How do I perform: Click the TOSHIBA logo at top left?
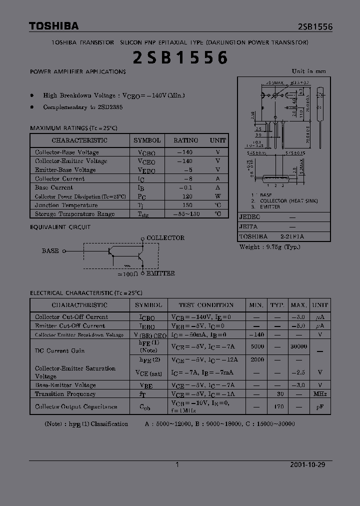pyautogui.click(x=53, y=26)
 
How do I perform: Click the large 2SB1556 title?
pyautogui.click(x=180, y=58)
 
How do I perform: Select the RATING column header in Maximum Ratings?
pyautogui.click(x=185, y=140)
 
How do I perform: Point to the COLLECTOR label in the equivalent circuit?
pyautogui.click(x=165, y=238)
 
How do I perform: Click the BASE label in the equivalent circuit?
pyautogui.click(x=50, y=251)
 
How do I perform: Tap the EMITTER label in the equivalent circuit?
pyautogui.click(x=160, y=273)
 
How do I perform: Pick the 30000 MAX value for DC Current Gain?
pyautogui.click(x=298, y=346)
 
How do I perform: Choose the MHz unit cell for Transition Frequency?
pyautogui.click(x=320, y=394)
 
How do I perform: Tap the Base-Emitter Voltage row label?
pyautogui.click(x=65, y=385)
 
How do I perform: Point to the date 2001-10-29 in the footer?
pyautogui.click(x=307, y=464)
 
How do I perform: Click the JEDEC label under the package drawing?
pyautogui.click(x=249, y=217)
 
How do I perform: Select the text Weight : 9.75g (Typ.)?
pyautogui.click(x=269, y=246)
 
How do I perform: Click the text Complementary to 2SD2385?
pyautogui.click(x=83, y=107)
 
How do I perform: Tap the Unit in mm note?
pyautogui.click(x=308, y=71)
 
